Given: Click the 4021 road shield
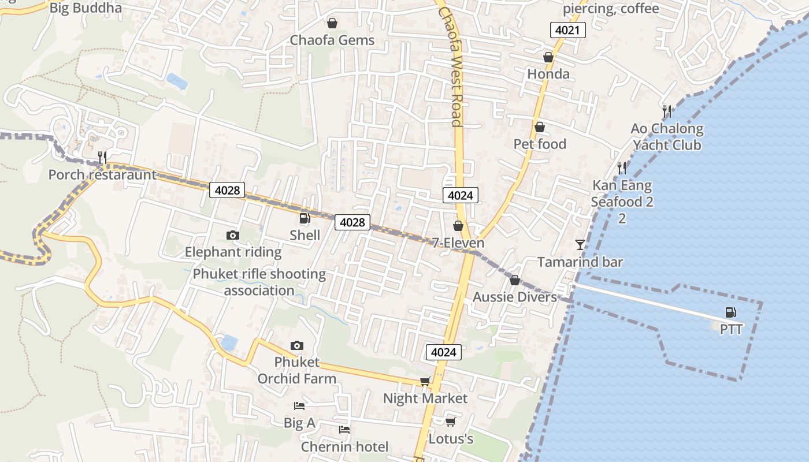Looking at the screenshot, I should click(567, 30).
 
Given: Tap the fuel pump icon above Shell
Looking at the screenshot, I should click(305, 218).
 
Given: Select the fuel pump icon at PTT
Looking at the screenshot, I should click(731, 312).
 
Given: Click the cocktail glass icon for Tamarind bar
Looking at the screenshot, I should click(580, 245).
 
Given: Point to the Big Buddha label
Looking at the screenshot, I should click(86, 8).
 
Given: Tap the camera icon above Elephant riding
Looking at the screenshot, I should click(233, 235).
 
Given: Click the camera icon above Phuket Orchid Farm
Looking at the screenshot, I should click(296, 345).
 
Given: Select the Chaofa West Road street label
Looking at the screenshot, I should click(451, 66).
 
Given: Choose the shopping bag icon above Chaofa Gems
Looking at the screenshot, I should click(332, 23).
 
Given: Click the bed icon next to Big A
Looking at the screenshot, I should click(299, 406).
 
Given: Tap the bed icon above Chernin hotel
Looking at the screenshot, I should click(344, 430).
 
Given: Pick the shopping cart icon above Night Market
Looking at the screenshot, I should click(425, 381).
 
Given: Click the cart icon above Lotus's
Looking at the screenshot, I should click(451, 422).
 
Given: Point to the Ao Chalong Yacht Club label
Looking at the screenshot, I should click(667, 137).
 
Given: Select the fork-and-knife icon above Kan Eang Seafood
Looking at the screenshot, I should click(622, 168).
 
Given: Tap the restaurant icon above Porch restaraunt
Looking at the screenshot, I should click(102, 157).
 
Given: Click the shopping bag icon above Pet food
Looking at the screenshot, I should click(540, 127).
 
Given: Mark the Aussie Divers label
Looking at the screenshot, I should click(514, 297).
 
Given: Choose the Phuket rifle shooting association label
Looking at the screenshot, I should click(259, 282).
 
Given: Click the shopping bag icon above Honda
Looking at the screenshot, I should click(548, 57).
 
